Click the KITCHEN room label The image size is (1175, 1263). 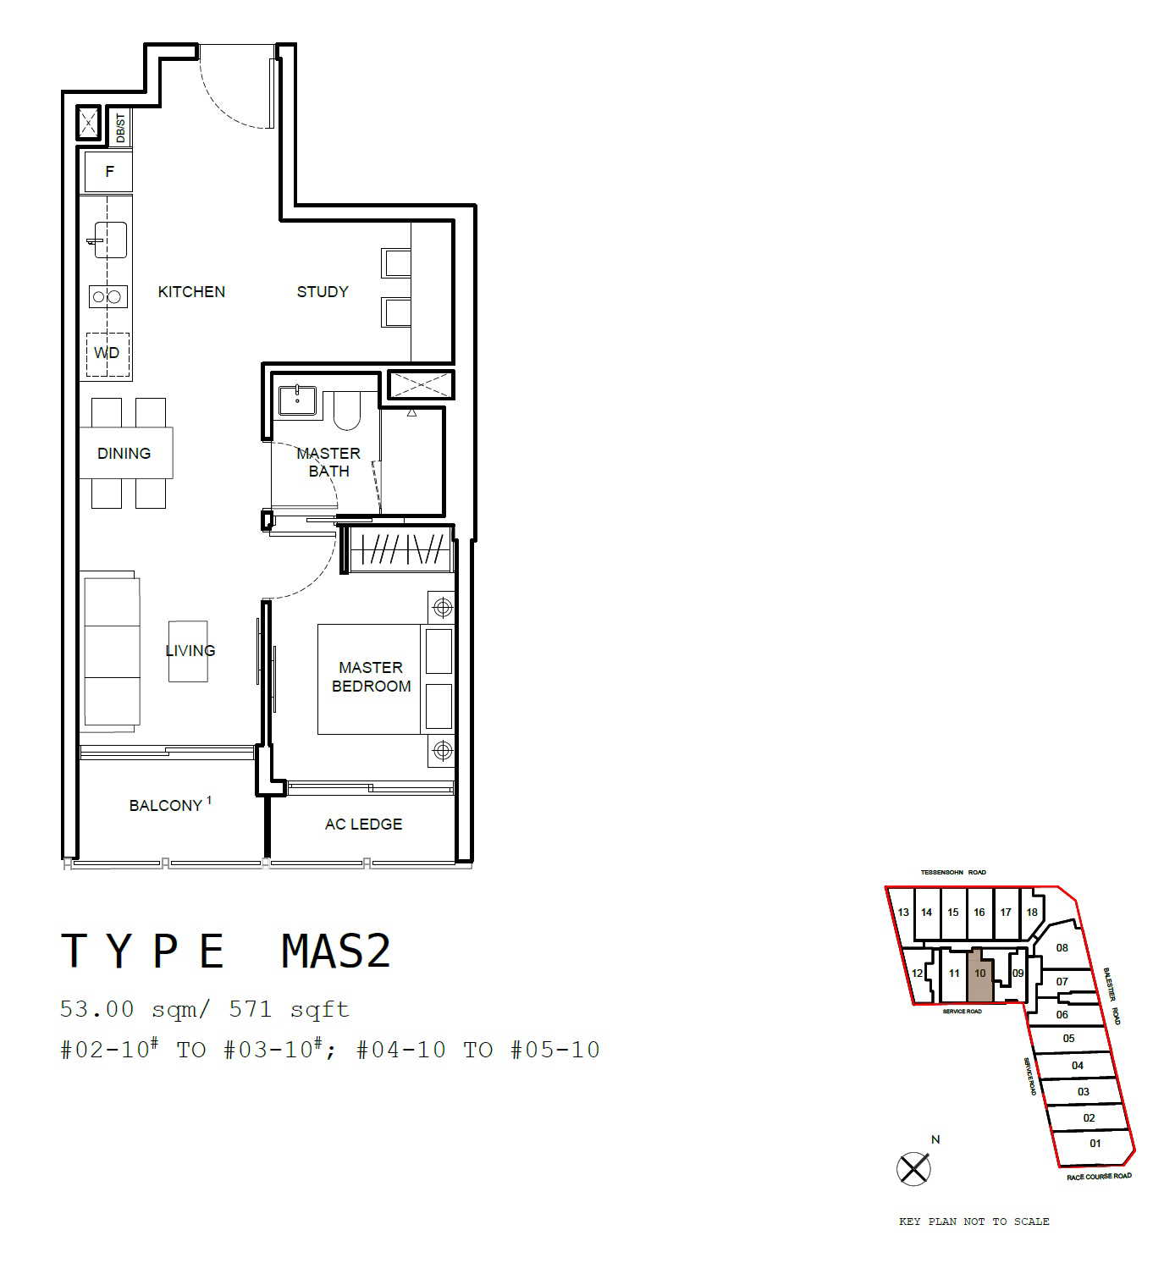191,292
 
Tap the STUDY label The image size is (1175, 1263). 323,292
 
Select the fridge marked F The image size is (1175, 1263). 109,172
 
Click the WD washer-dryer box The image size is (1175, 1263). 108,354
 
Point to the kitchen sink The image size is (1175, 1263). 110,240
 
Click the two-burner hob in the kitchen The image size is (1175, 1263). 108,296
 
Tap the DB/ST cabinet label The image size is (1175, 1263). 120,128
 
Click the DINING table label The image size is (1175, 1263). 124,454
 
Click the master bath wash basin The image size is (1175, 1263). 297,400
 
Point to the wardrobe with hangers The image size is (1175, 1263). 400,549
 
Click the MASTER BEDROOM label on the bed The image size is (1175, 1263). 371,676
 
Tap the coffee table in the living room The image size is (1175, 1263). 188,651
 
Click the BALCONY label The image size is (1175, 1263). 170,805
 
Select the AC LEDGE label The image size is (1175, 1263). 363,825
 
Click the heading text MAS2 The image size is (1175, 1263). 336,951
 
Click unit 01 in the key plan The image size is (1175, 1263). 1095,1144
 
